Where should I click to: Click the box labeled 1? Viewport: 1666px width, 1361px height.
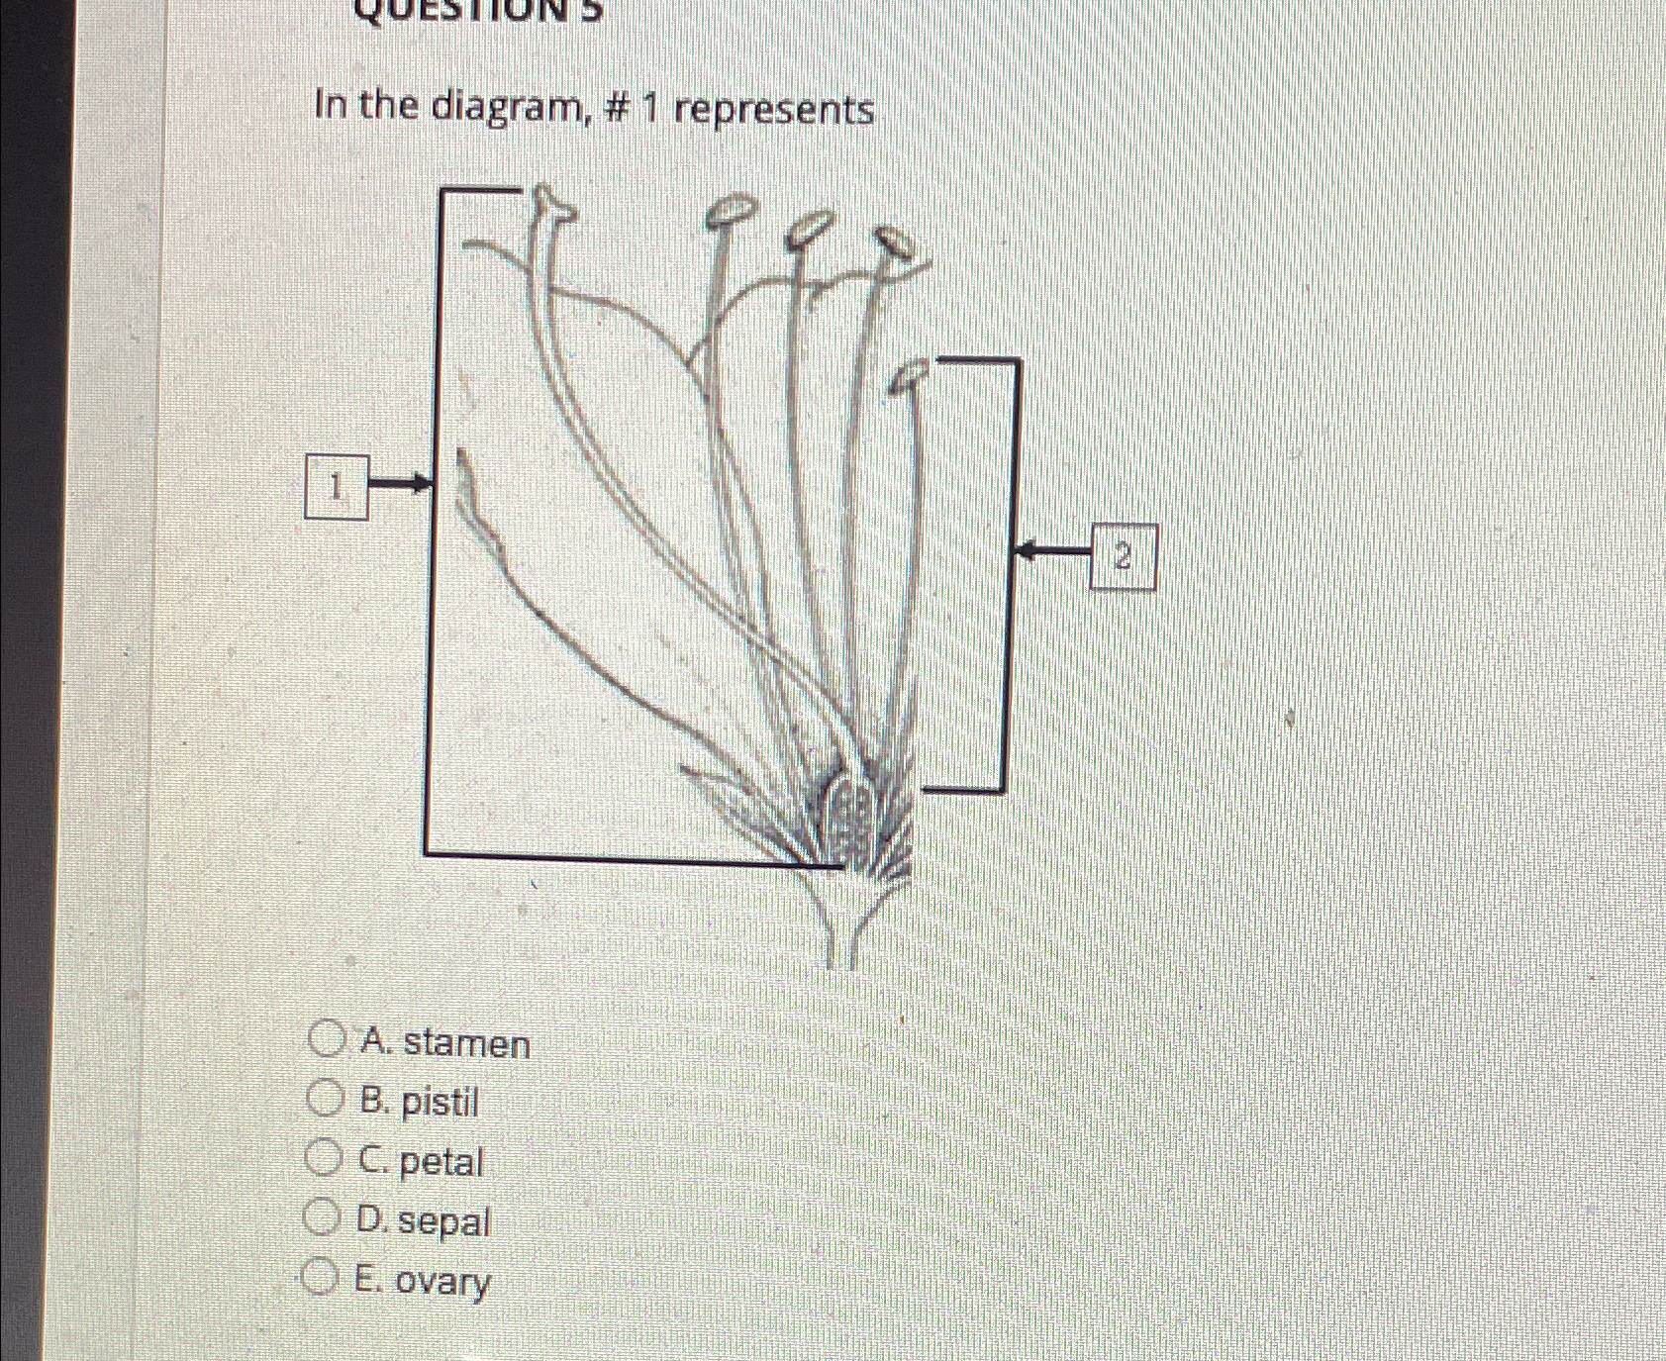point(337,486)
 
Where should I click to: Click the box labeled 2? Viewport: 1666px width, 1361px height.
point(1123,557)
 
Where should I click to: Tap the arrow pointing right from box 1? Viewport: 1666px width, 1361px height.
point(401,484)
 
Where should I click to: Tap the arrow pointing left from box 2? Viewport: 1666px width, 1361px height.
point(1053,550)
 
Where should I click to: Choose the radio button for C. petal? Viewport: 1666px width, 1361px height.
point(323,1157)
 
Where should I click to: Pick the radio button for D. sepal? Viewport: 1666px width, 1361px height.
point(322,1217)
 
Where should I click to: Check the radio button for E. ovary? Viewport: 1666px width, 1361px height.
point(320,1277)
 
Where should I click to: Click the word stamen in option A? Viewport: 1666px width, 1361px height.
point(466,1044)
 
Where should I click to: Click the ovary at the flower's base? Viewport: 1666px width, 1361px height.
point(847,817)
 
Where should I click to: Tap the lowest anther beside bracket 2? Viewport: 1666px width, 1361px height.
point(910,376)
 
